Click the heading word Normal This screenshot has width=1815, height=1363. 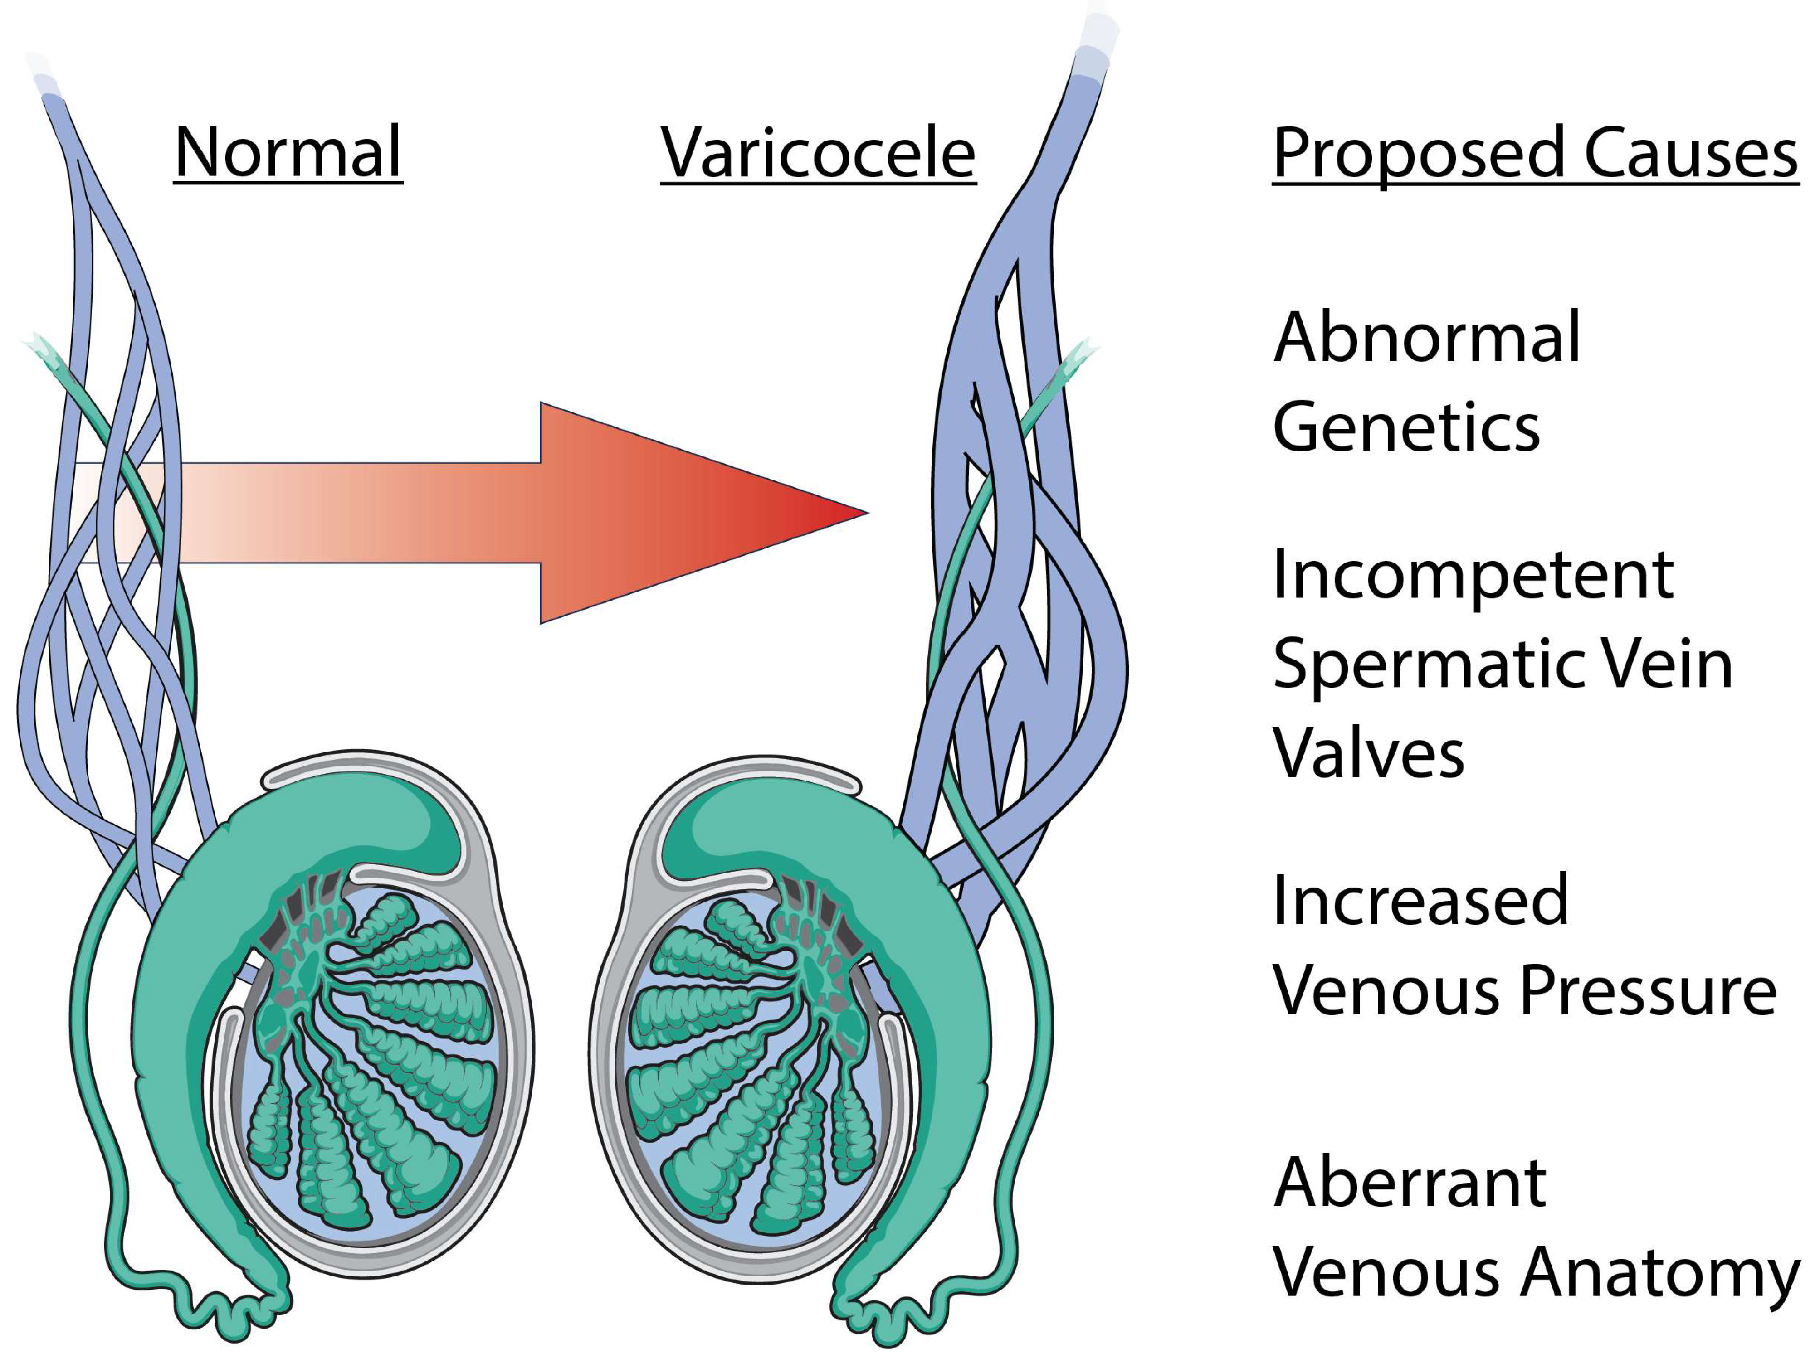(x=287, y=153)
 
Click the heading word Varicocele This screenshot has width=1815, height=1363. (x=818, y=153)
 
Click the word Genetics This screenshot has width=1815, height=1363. (x=1405, y=427)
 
